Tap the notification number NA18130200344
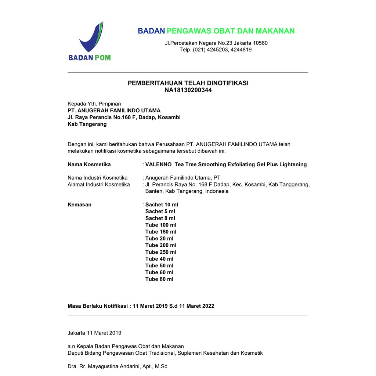click(188, 90)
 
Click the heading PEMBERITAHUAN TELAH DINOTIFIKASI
click(188, 83)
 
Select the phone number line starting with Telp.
click(216, 50)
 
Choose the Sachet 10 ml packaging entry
click(162, 205)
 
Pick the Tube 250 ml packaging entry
click(161, 252)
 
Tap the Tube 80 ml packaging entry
click(159, 279)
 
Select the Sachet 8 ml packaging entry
click(160, 218)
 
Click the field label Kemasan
click(79, 205)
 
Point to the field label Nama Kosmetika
click(89, 164)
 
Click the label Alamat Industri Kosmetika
click(98, 184)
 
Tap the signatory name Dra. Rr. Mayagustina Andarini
click(118, 366)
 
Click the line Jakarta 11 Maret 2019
click(94, 333)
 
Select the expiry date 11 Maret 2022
click(196, 306)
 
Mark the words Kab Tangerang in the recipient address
click(87, 124)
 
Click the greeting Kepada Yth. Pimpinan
click(94, 104)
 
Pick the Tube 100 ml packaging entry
click(161, 225)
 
